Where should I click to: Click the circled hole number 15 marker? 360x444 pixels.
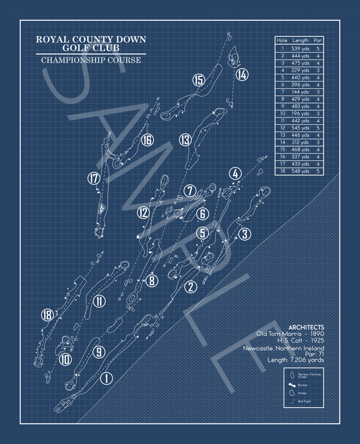pos(199,80)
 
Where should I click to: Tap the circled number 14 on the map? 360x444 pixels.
pos(241,74)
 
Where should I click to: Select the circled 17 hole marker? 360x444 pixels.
pos(93,178)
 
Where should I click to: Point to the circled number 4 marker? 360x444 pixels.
pos(235,174)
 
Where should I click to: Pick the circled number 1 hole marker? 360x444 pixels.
pos(106,379)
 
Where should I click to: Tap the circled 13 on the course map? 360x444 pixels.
pos(185,140)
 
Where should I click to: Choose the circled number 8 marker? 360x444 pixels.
pos(152,280)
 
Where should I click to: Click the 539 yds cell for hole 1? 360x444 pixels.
pos(301,48)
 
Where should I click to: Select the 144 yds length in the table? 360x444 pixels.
pos(301,92)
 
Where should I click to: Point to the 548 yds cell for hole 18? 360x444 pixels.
pos(301,171)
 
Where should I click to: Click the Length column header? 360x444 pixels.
pos(301,40)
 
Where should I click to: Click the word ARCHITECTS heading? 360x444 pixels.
pos(306,326)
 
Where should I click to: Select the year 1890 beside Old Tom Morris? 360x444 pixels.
pos(314,334)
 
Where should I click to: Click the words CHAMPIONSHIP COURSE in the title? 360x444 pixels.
pos(91,60)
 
